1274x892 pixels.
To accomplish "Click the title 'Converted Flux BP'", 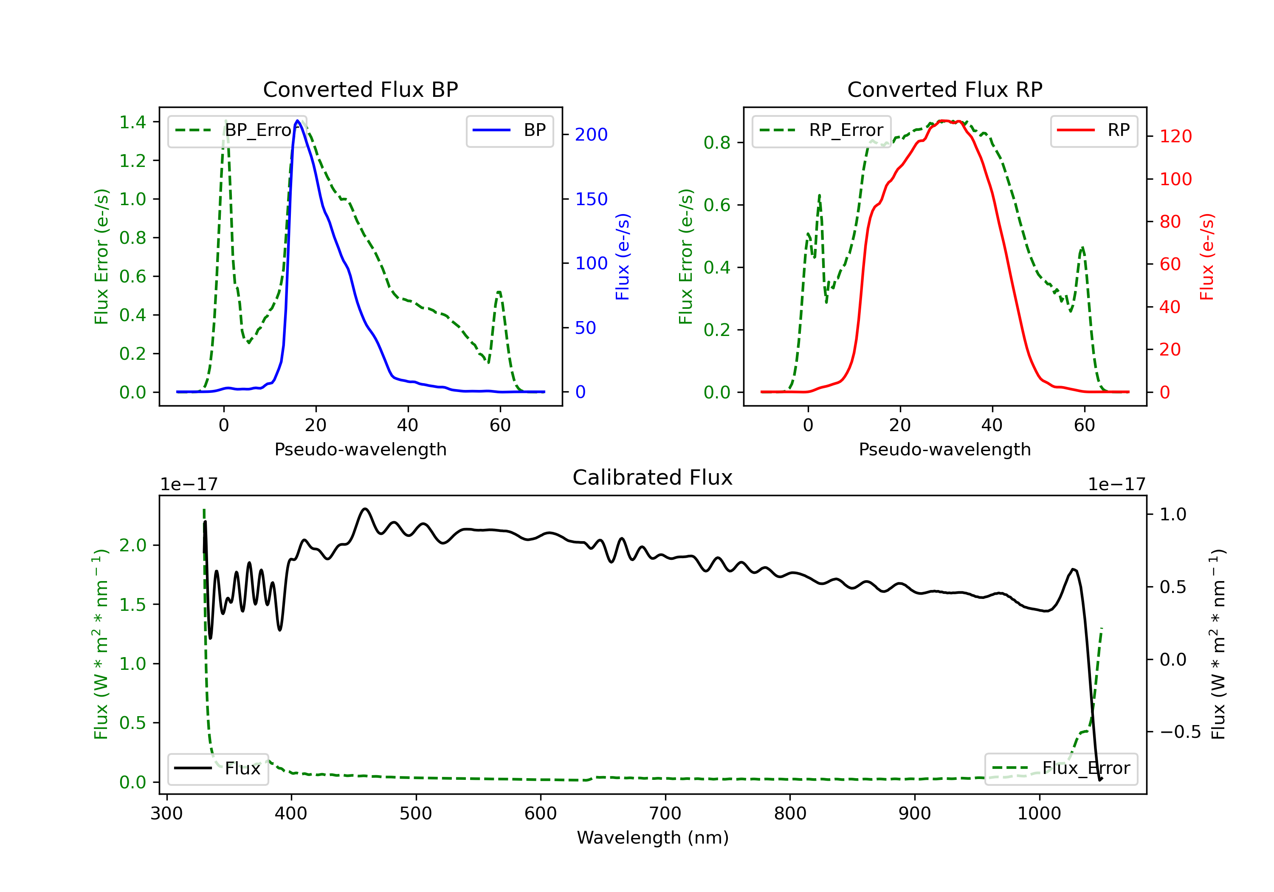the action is pyautogui.click(x=361, y=89).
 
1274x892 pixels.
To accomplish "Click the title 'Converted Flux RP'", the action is pyautogui.click(x=945, y=89).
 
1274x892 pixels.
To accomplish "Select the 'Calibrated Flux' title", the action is pyautogui.click(x=653, y=477).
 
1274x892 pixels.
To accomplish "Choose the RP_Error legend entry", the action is pyautogui.click(x=821, y=130).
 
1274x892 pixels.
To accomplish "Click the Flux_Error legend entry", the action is pyautogui.click(x=1061, y=768).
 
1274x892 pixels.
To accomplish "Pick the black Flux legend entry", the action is pyautogui.click(x=217, y=768).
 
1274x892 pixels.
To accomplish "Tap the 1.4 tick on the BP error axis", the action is pyautogui.click(x=132, y=122).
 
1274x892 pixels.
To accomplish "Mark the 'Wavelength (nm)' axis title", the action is pyautogui.click(x=653, y=838).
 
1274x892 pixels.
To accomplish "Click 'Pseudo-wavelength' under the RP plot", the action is pyautogui.click(x=945, y=449).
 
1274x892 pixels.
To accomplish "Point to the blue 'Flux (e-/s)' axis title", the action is pyautogui.click(x=623, y=257).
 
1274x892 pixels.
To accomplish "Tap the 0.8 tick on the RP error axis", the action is pyautogui.click(x=717, y=143).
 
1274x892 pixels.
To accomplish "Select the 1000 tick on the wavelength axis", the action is pyautogui.click(x=1039, y=814).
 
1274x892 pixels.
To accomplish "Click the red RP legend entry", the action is pyautogui.click(x=1094, y=130).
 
